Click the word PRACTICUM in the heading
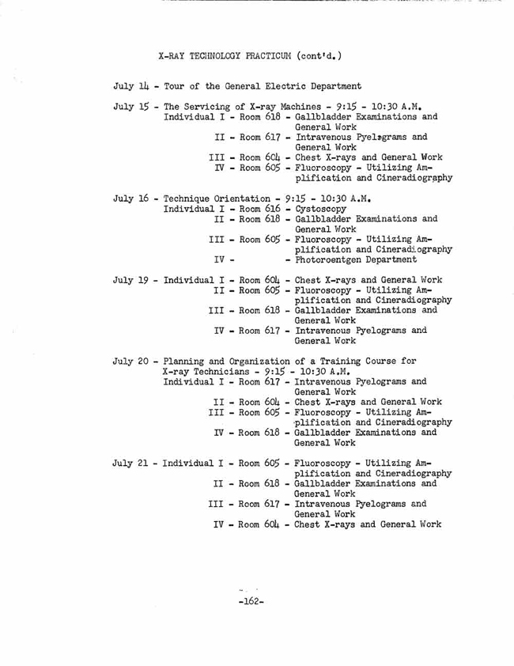point(262,56)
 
